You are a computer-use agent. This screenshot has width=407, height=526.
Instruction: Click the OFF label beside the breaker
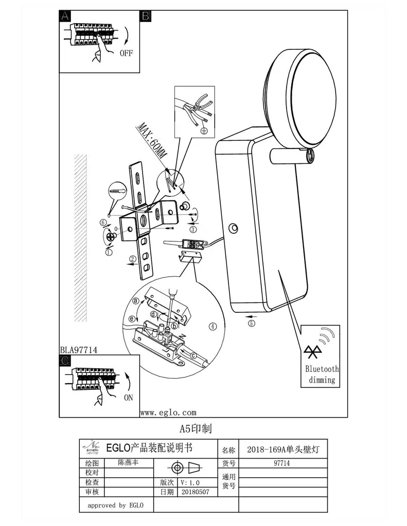point(126,52)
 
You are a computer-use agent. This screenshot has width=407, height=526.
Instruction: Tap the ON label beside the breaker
point(128,397)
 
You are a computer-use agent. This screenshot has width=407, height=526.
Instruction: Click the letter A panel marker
point(65,16)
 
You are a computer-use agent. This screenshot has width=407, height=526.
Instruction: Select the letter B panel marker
point(146,16)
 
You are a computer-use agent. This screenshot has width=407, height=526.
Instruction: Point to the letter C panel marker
point(65,361)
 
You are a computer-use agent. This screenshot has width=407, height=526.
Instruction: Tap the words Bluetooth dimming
point(322,374)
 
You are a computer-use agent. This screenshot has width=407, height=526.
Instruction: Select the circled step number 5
point(251,323)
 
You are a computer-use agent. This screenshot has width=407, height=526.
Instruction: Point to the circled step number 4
point(213,326)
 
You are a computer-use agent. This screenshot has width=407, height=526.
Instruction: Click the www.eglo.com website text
point(168,412)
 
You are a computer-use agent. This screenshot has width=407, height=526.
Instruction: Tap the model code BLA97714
point(79,350)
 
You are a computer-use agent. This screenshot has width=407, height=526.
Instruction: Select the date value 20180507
point(194,492)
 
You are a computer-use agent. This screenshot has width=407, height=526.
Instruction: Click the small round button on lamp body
point(235,228)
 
